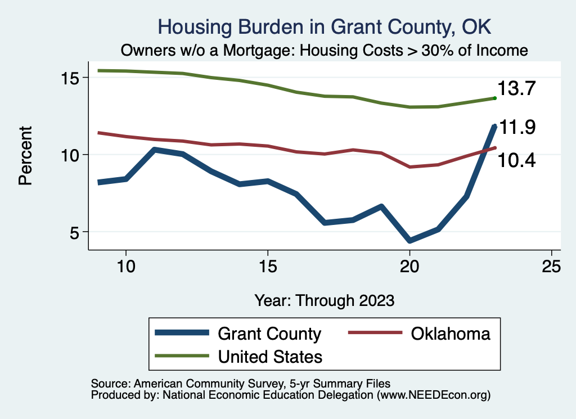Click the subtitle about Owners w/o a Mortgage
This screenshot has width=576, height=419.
pos(325,51)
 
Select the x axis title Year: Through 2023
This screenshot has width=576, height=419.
pos(324,300)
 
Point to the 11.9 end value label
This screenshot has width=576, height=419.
pos(517,128)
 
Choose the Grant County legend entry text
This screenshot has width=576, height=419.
pos(269,334)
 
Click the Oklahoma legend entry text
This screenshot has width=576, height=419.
pos(451,334)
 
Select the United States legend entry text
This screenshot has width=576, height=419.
pos(270,357)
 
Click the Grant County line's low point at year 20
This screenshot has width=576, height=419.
pos(409,241)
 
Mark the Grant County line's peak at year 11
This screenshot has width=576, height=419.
pos(155,150)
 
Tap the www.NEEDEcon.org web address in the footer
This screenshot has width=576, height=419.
pos(433,395)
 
